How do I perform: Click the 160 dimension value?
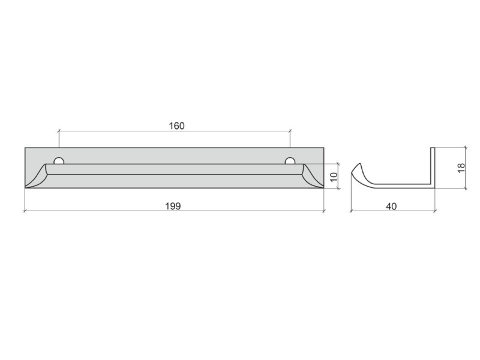177,126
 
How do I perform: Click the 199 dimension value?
173,206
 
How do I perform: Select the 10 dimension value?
334,176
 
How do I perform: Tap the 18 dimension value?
461,167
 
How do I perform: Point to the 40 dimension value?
391,206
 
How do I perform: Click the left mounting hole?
59,161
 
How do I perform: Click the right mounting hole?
290,161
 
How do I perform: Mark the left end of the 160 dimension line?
59,131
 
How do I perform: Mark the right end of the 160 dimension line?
290,131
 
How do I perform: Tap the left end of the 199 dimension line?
25,211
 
